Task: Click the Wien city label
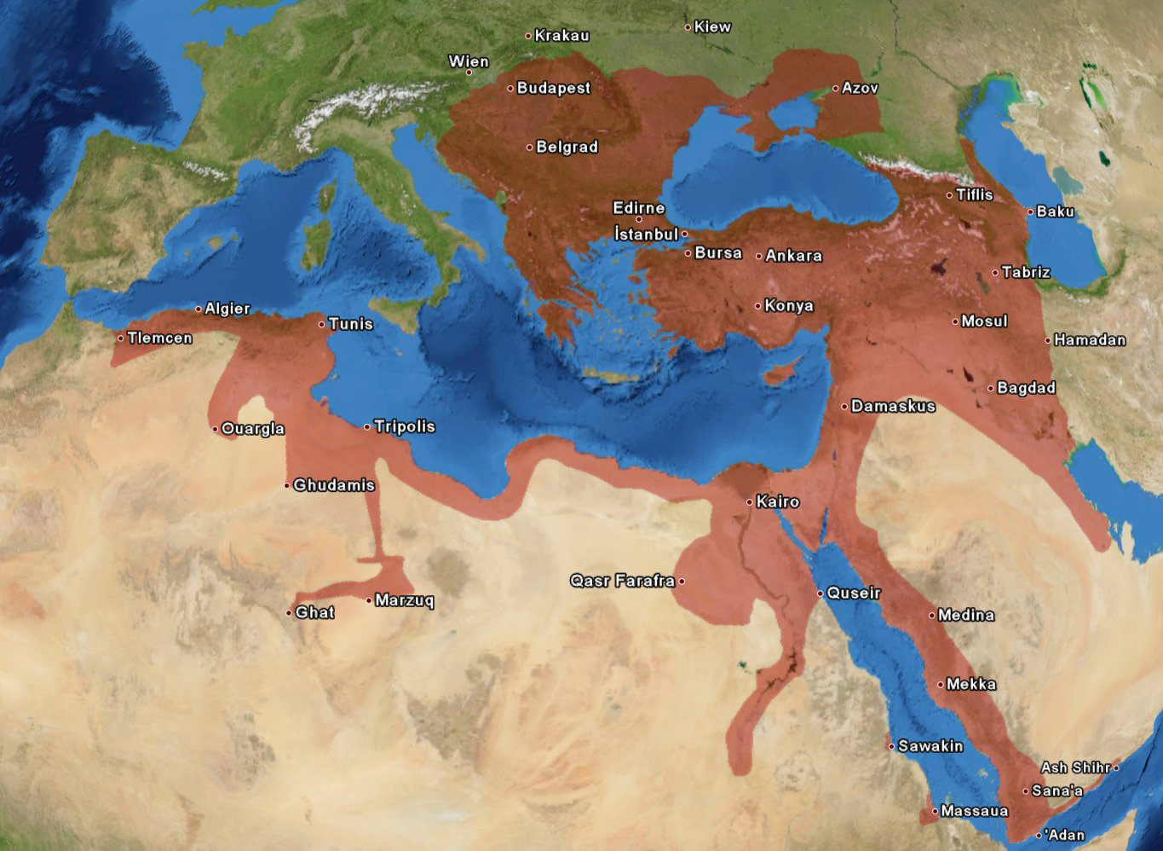[469, 61]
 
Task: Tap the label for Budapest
[553, 88]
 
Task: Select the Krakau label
[561, 36]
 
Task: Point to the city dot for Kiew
[688, 27]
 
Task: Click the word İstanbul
[646, 234]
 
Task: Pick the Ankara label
[793, 256]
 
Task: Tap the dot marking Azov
[836, 88]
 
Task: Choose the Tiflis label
[974, 195]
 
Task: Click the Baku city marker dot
[1030, 211]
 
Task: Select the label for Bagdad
[1026, 388]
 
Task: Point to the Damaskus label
[893, 407]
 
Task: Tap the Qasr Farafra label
[622, 582]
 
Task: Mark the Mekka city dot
[941, 684]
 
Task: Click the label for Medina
[965, 615]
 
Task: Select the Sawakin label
[930, 746]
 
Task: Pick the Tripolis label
[404, 426]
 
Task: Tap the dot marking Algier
[199, 309]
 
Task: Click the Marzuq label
[404, 601]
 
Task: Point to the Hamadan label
[1090, 340]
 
